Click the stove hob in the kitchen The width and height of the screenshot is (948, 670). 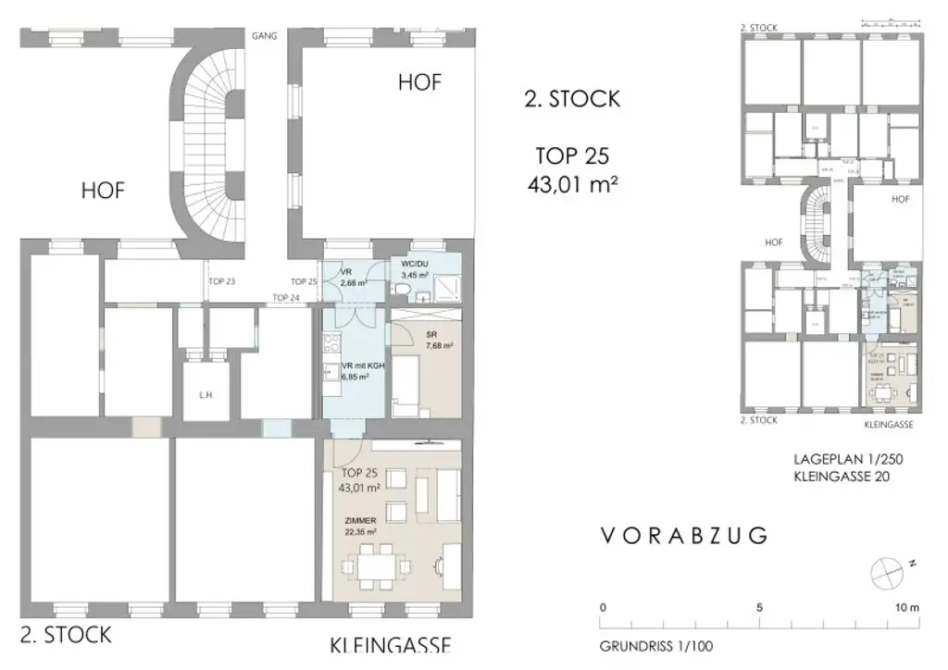pos(330,344)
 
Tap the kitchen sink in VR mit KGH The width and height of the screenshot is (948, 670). pos(330,376)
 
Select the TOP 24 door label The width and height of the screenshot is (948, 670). pos(286,297)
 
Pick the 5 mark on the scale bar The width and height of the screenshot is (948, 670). pos(758,608)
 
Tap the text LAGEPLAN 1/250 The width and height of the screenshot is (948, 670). pos(847,459)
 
